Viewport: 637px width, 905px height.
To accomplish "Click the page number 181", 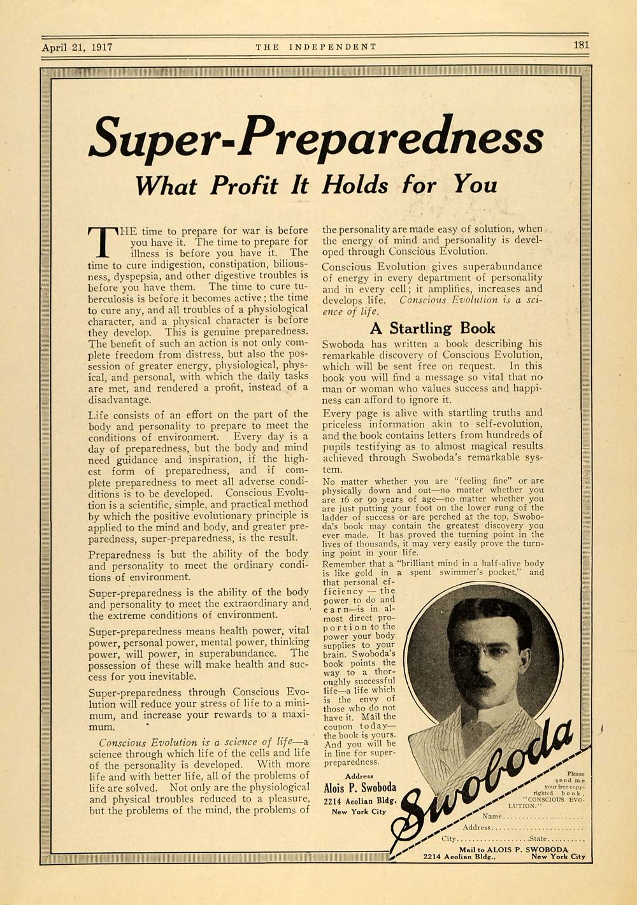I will click(x=580, y=45).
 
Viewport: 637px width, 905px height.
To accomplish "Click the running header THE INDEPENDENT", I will click(x=315, y=46).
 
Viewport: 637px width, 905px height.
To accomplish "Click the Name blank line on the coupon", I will click(x=541, y=817).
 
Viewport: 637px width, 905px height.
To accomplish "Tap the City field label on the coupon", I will click(x=449, y=839).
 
